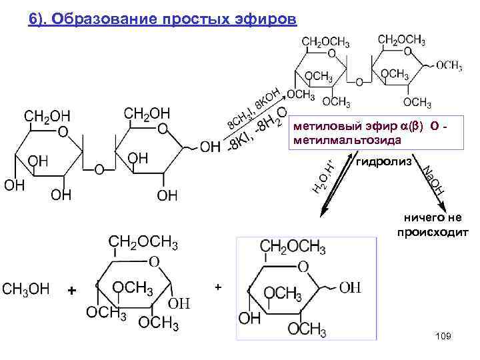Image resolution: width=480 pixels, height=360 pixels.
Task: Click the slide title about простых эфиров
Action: (162, 18)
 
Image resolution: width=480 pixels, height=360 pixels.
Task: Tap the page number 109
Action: (443, 336)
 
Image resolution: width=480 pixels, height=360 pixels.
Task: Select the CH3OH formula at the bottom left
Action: (26, 288)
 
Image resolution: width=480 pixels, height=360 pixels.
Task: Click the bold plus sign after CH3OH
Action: (72, 291)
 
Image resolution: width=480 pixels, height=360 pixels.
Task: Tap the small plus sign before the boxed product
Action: (217, 287)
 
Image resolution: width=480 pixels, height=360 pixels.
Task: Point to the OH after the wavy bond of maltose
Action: (210, 146)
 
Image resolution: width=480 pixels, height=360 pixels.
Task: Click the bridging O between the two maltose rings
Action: (99, 169)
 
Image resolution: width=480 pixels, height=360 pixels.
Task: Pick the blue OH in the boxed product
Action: (350, 288)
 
